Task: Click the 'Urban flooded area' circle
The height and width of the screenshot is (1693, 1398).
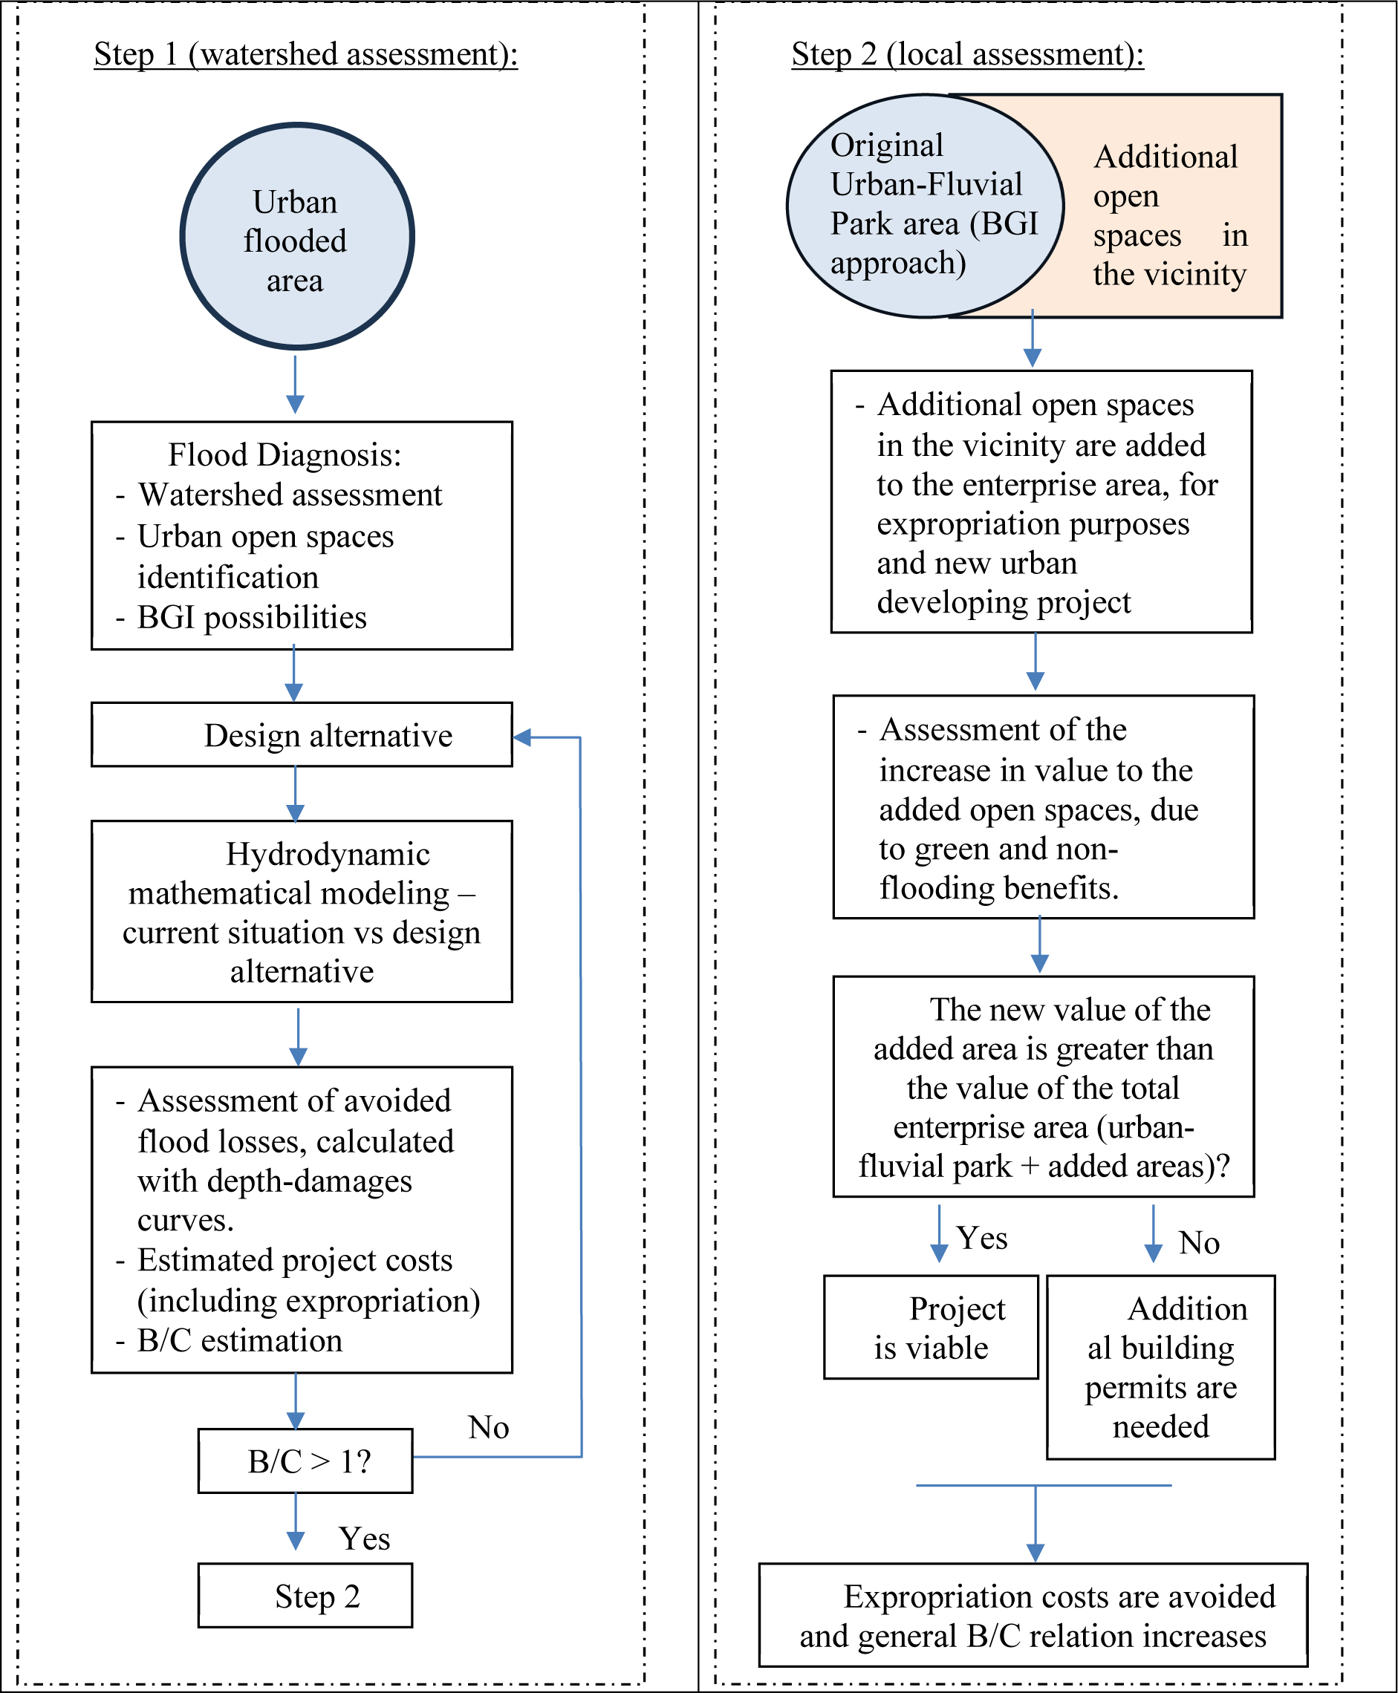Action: [297, 236]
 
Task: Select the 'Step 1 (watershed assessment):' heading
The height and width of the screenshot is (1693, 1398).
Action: [306, 54]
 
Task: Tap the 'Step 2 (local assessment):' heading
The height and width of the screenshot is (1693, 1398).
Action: [967, 54]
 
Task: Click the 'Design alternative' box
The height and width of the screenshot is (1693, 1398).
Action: [302, 734]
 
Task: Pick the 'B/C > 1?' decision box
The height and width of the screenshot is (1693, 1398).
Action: [305, 1461]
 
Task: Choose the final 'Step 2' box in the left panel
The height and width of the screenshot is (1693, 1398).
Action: [305, 1596]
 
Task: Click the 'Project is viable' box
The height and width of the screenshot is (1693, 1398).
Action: [931, 1328]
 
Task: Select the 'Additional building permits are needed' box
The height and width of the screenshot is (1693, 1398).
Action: [1160, 1367]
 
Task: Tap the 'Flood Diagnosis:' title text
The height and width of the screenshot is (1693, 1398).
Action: [285, 455]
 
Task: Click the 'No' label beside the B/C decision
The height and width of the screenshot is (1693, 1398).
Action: [489, 1427]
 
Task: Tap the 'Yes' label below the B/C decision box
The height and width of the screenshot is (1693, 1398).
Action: [365, 1539]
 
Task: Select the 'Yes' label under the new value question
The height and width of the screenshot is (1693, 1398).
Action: [982, 1238]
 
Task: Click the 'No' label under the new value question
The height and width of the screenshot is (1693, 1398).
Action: [1199, 1243]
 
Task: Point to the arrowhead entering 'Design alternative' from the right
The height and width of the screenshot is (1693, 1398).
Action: [521, 737]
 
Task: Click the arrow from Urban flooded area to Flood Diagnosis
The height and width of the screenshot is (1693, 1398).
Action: [296, 385]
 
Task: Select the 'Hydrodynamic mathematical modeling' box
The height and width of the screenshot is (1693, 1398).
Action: [302, 911]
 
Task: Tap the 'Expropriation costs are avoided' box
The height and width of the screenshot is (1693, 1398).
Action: [1033, 1615]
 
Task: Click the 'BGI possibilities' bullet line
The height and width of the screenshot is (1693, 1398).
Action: [241, 618]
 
